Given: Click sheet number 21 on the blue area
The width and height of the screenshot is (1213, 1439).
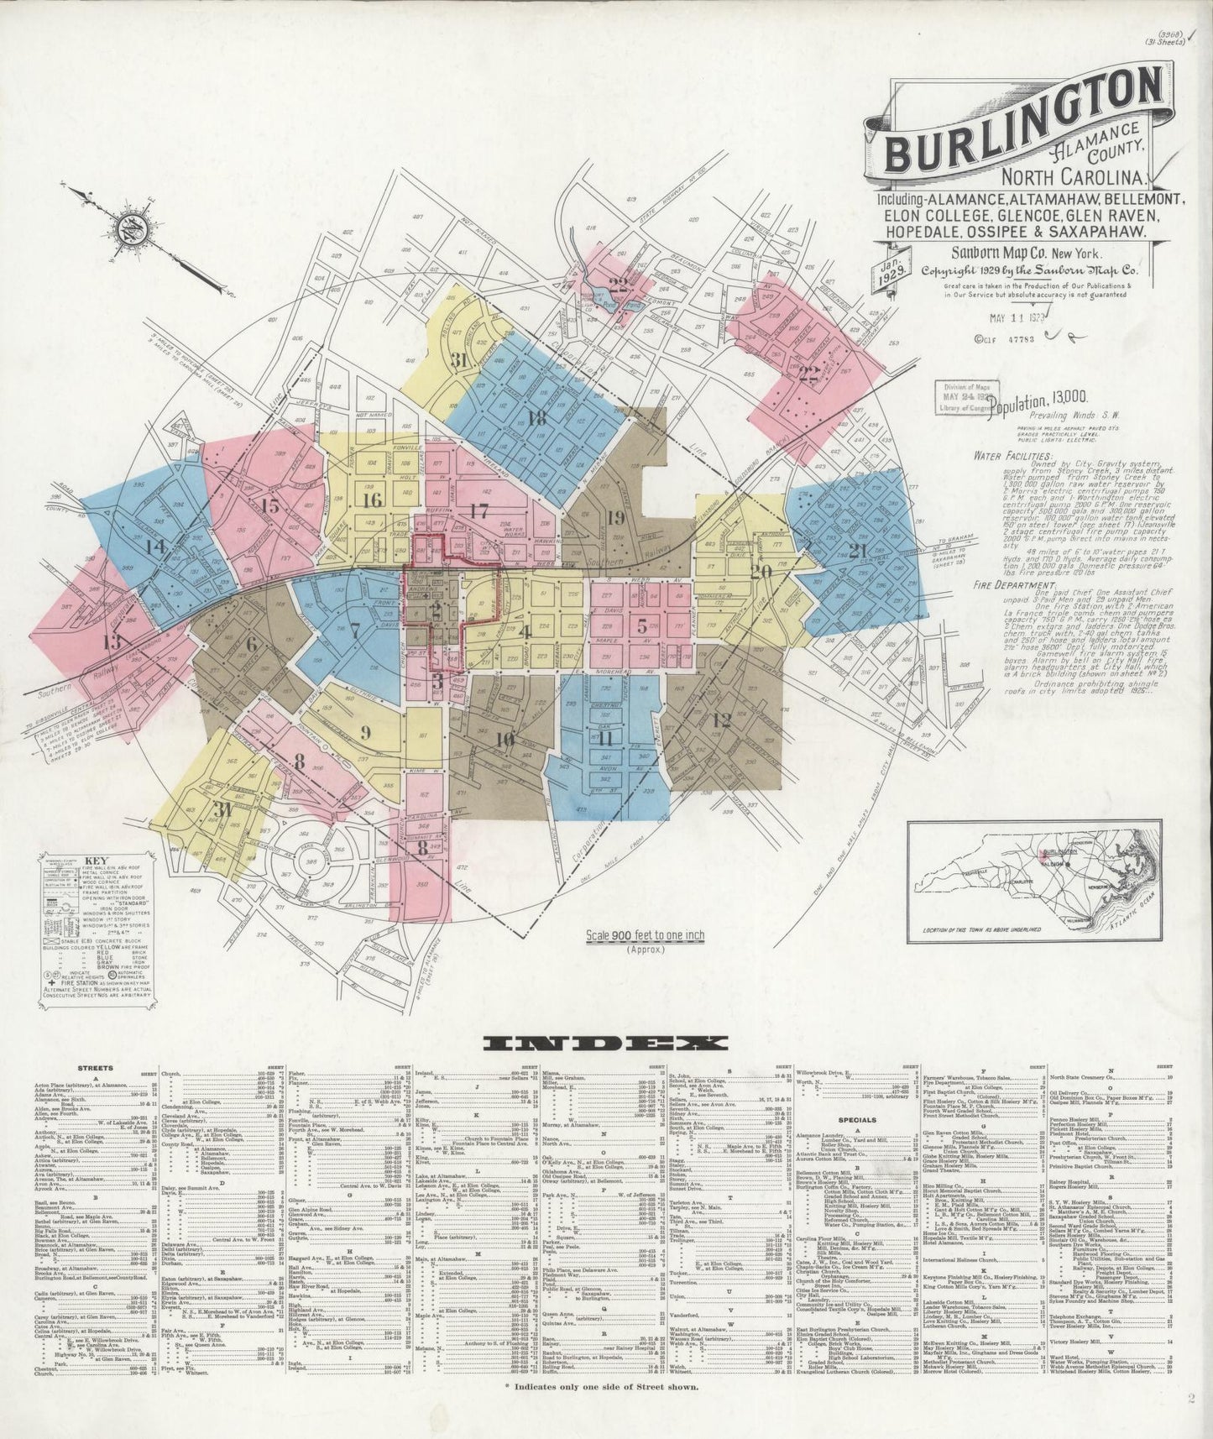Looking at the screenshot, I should click(x=858, y=551).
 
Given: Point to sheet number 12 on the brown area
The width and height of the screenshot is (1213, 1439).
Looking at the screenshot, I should click(x=721, y=719).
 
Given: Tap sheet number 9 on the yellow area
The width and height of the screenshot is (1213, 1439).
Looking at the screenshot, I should click(x=365, y=730).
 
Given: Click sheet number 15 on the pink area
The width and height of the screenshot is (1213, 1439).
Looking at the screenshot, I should click(x=269, y=506).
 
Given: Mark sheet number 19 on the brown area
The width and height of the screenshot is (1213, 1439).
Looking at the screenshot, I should click(x=615, y=518).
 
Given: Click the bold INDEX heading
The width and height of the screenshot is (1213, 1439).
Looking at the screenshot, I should click(x=605, y=1044).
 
